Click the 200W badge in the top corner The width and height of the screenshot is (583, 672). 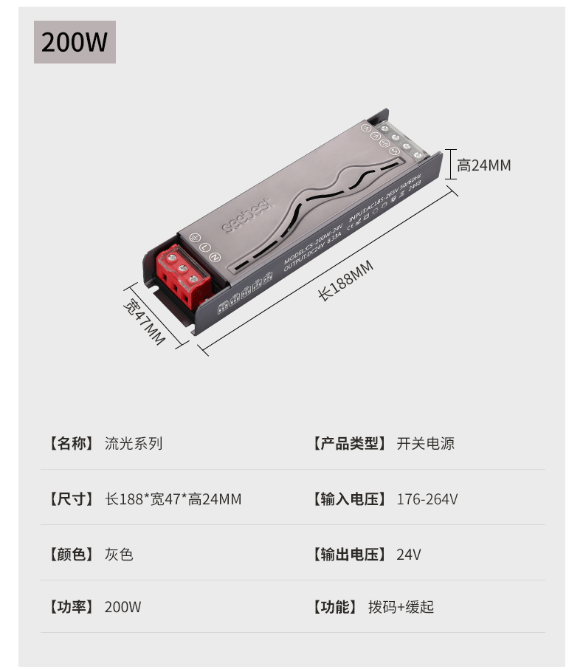click(x=75, y=42)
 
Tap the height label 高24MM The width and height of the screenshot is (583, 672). click(x=483, y=165)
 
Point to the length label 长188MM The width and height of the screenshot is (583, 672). click(x=345, y=281)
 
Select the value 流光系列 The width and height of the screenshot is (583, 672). click(x=134, y=444)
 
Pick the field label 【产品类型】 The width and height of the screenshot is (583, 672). click(x=349, y=444)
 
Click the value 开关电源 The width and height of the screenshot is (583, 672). click(x=425, y=444)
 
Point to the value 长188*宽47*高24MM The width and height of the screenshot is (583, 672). click(x=173, y=499)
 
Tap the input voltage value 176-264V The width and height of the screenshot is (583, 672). click(x=427, y=499)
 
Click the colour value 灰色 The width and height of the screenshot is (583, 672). click(x=119, y=555)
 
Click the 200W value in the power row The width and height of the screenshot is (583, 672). click(x=123, y=607)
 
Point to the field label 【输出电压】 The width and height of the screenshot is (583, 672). click(x=349, y=555)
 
